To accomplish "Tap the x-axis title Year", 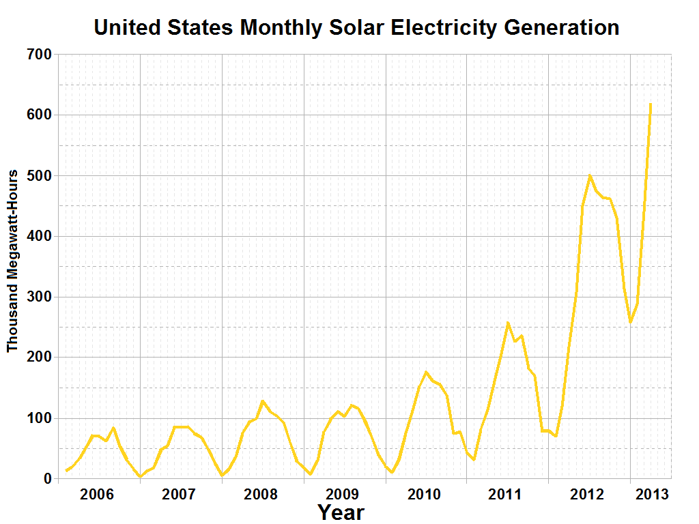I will pyautogui.click(x=341, y=512).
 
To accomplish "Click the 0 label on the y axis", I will pyautogui.click(x=47, y=479).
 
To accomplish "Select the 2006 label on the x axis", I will pyautogui.click(x=97, y=494).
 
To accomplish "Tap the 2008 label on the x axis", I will pyautogui.click(x=261, y=494).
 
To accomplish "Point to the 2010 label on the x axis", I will pyautogui.click(x=425, y=494).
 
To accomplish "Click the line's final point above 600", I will pyautogui.click(x=651, y=104).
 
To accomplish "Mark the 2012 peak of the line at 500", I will pyautogui.click(x=589, y=175).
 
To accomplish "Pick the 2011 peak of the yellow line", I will pyautogui.click(x=508, y=323).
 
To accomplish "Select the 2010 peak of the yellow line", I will pyautogui.click(x=426, y=373).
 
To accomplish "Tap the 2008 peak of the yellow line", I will pyautogui.click(x=263, y=401).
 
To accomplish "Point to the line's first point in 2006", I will pyautogui.click(x=66, y=471).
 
